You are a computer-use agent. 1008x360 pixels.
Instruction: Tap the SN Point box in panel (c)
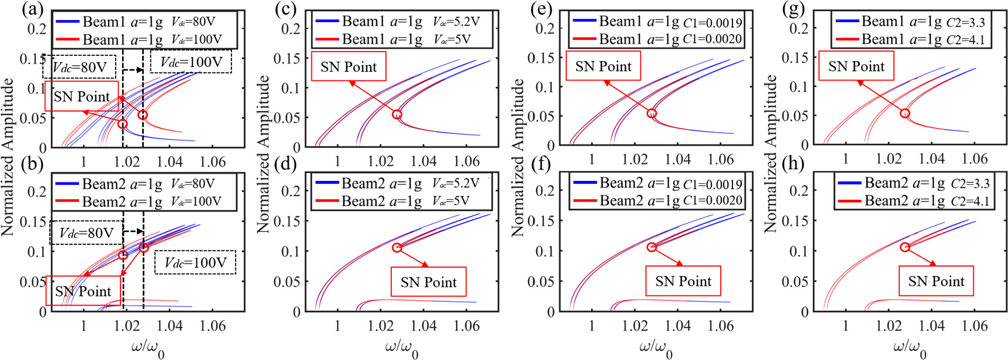[x=348, y=67]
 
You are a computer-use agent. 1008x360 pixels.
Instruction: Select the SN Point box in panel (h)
[x=936, y=281]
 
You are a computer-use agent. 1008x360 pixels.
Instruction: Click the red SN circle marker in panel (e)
[x=651, y=113]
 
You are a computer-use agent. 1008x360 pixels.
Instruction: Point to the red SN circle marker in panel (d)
[x=397, y=247]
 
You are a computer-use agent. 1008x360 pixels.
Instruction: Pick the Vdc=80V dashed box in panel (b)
[x=86, y=233]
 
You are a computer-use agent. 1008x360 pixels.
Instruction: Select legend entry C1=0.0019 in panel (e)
[x=657, y=22]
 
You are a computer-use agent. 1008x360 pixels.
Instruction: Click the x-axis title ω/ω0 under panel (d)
[x=402, y=348]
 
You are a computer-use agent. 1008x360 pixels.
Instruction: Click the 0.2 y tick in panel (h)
[x=798, y=190]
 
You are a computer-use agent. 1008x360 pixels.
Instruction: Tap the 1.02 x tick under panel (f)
[x=634, y=325]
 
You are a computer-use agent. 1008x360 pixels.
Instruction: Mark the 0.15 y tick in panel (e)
[x=540, y=58]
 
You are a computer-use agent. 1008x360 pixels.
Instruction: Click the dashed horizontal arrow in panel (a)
[x=133, y=70]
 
